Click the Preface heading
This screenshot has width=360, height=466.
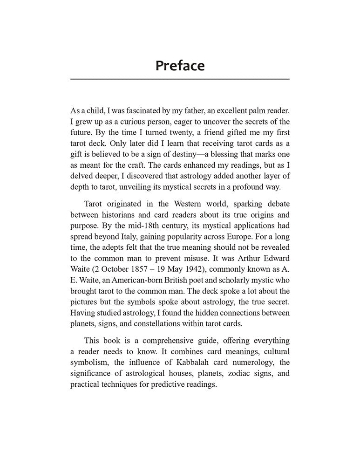180,65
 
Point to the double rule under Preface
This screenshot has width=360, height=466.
180,79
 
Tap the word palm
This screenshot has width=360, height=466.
247,112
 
